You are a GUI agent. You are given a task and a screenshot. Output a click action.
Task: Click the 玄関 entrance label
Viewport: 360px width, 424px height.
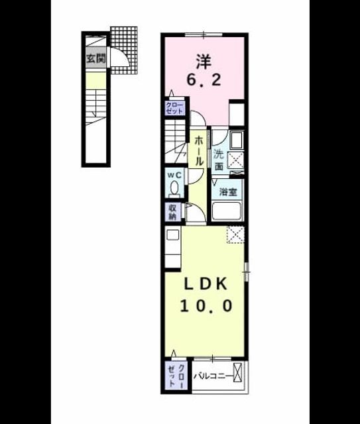pyautogui.click(x=96, y=58)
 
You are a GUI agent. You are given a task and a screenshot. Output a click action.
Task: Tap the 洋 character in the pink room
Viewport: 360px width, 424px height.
pyautogui.click(x=204, y=61)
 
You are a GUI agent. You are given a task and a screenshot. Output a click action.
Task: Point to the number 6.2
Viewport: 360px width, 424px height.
pyautogui.click(x=204, y=79)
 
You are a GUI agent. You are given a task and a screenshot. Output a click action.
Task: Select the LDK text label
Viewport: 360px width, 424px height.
pyautogui.click(x=206, y=284)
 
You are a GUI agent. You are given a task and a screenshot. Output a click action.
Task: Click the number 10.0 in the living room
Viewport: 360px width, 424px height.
pyautogui.click(x=206, y=306)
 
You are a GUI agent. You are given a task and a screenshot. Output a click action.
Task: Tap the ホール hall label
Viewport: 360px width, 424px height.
pyautogui.click(x=199, y=151)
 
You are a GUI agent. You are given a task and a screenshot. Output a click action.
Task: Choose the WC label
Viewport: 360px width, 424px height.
pyautogui.click(x=174, y=175)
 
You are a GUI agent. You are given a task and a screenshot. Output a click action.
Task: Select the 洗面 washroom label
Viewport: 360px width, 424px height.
pyautogui.click(x=219, y=160)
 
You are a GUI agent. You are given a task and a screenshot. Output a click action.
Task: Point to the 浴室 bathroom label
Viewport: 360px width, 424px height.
pyautogui.click(x=228, y=192)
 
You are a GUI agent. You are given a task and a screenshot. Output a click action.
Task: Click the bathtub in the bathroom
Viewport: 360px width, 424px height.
pyautogui.click(x=227, y=211)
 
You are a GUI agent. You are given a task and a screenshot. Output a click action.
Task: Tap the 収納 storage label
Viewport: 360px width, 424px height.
pyautogui.click(x=172, y=212)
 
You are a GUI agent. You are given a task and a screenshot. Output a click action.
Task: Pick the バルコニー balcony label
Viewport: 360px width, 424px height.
pyautogui.click(x=213, y=376)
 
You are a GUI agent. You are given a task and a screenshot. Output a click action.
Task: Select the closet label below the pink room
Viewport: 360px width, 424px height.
pyautogui.click(x=174, y=108)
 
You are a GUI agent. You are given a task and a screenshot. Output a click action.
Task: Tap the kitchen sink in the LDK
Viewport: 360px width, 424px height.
pyautogui.click(x=173, y=235)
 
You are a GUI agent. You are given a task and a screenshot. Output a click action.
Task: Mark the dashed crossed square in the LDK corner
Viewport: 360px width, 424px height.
pyautogui.click(x=235, y=235)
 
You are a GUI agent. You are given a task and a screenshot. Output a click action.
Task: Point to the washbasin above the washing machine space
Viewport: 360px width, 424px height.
pyautogui.click(x=237, y=140)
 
